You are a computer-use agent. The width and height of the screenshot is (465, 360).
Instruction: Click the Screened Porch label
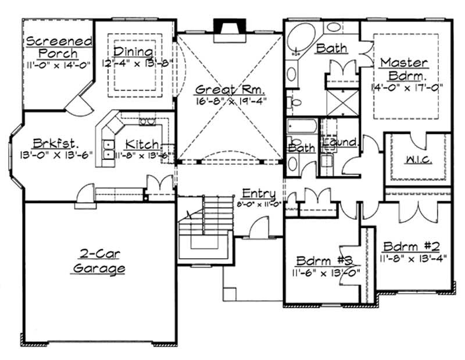pyautogui.click(x=59, y=48)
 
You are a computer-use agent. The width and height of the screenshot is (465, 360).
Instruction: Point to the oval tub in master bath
pyautogui.click(x=301, y=38)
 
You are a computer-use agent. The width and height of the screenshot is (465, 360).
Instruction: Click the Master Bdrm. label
pyautogui.click(x=405, y=69)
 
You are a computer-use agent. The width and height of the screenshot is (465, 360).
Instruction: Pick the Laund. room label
pyautogui.click(x=341, y=142)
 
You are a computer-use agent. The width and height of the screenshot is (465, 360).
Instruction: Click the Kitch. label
pyautogui.click(x=142, y=143)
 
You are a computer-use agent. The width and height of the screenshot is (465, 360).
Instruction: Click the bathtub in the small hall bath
pyautogui.click(x=302, y=127)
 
